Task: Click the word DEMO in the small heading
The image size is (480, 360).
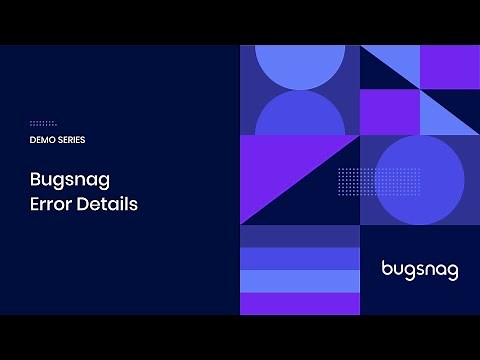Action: (x=41, y=140)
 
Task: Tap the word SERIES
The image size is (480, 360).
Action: (x=69, y=140)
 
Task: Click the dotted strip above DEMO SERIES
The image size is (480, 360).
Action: (x=43, y=123)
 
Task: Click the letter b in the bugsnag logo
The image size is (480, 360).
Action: (x=387, y=268)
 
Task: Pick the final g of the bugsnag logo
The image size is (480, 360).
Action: (x=453, y=272)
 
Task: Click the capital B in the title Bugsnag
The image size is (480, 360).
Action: (x=36, y=181)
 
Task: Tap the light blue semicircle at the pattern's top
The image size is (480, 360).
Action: (x=300, y=65)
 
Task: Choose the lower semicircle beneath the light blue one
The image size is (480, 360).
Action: (x=300, y=115)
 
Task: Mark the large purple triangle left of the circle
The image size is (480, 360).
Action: (x=280, y=165)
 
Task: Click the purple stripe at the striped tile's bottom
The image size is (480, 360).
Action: (x=300, y=303)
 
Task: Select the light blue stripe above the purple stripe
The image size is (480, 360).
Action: (x=300, y=281)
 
